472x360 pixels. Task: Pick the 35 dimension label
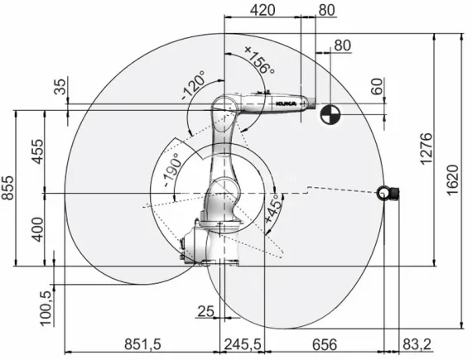click(59, 88)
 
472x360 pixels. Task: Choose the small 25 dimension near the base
click(206, 311)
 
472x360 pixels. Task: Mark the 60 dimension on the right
click(378, 87)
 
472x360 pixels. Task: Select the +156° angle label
click(258, 60)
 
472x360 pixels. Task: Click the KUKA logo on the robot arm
click(285, 102)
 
